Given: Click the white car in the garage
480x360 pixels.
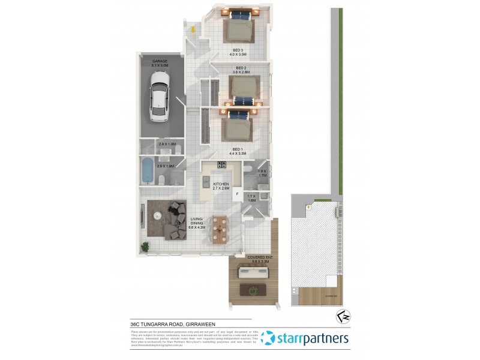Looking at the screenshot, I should coord(160,96).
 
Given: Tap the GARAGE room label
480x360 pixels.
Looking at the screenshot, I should coord(159,61).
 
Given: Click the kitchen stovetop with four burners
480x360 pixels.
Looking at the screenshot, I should coord(221,166).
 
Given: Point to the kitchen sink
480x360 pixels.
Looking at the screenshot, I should coord(206,182).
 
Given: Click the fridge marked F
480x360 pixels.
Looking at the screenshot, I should coord(237,194).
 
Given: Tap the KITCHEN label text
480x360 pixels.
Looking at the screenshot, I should coord(221,184).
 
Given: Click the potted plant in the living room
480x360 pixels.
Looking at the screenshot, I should coord(145,246).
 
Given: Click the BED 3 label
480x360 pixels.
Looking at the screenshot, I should coord(238,50).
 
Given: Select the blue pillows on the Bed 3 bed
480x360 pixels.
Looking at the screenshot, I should coord(238,16).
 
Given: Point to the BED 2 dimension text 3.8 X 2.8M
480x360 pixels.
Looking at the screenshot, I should coord(242,72).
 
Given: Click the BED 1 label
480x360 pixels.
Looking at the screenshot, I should coord(238,149).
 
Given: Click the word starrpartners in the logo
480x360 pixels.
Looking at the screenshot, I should coord(313,338).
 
